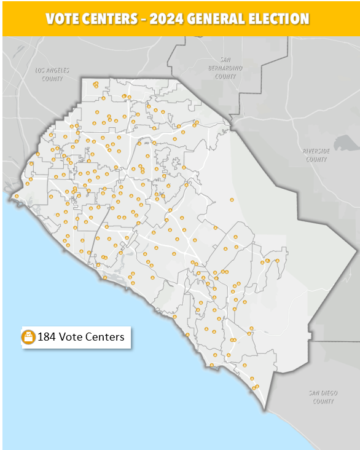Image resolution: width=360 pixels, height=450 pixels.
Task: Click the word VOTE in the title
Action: coord(61,18)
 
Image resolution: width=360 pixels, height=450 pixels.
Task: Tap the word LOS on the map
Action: coord(42,71)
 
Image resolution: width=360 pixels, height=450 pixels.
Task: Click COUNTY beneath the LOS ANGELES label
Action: coord(52,78)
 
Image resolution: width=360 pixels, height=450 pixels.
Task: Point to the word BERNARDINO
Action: coord(225,68)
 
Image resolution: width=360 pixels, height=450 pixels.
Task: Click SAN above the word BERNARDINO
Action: coord(225,60)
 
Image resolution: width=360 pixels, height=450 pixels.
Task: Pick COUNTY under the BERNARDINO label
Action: coord(225,76)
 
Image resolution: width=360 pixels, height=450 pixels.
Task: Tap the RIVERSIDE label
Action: coord(316,151)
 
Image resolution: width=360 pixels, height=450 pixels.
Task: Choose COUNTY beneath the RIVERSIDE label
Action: coord(316,159)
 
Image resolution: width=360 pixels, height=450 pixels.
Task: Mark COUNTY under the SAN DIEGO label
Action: coord(322,401)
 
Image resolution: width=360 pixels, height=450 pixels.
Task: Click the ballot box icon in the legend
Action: coord(28,337)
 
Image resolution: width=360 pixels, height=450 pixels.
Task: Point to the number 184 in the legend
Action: coord(47,337)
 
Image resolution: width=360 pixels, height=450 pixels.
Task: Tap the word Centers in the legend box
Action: coord(104,337)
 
